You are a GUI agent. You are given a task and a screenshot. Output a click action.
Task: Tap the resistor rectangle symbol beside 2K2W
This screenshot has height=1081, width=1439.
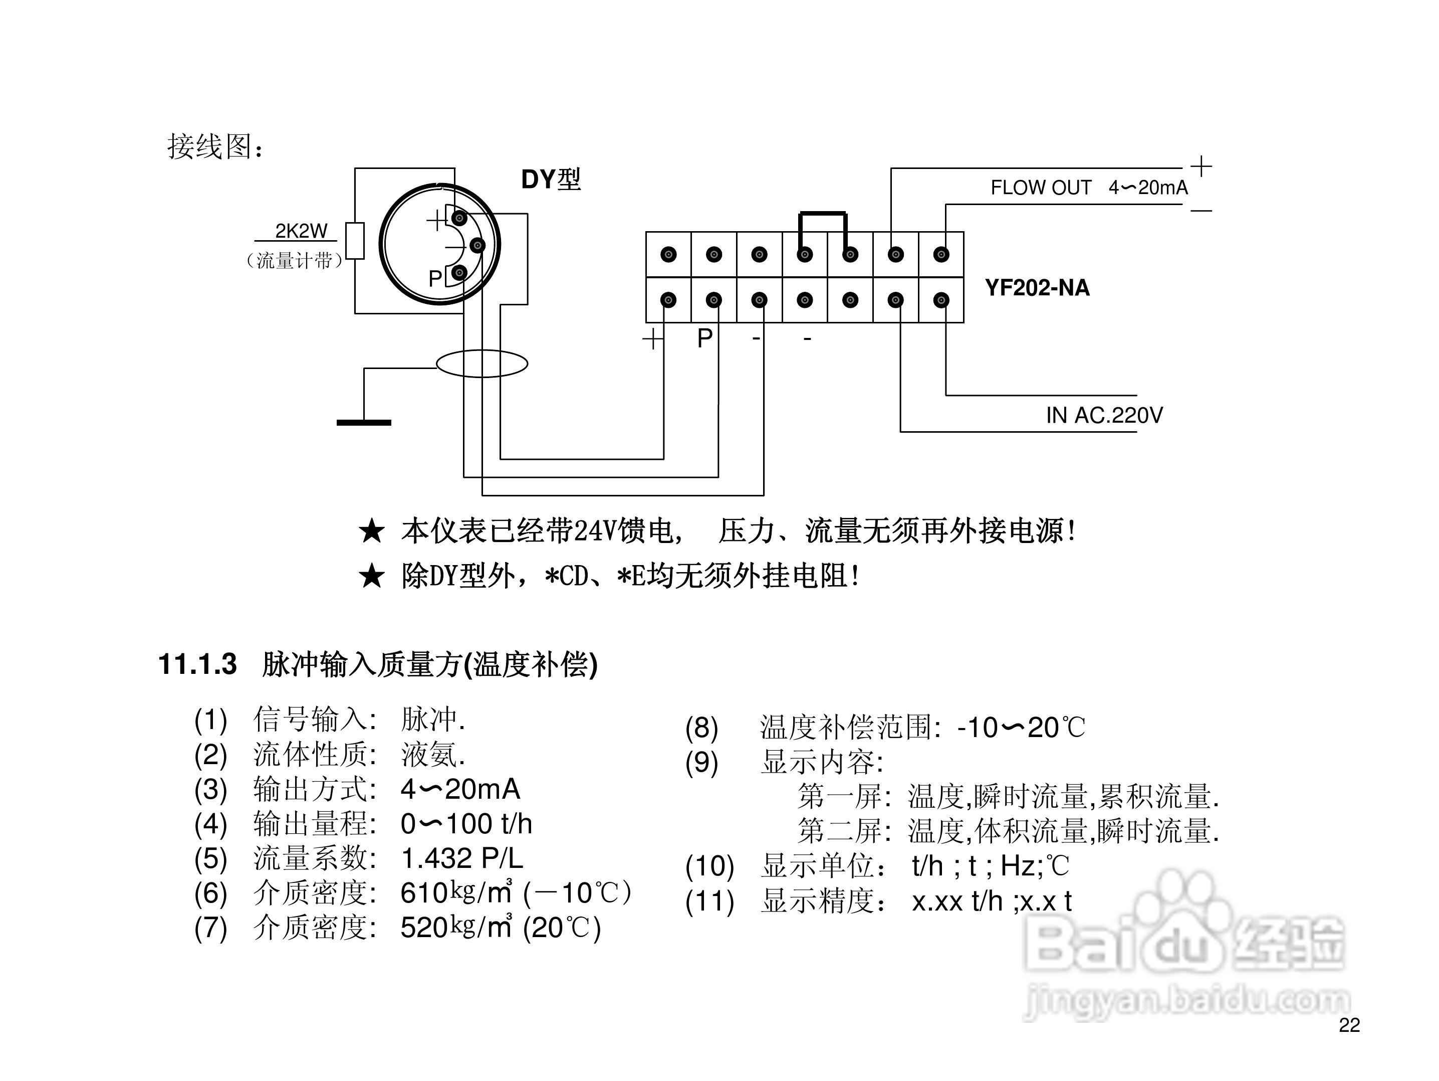[x=355, y=240]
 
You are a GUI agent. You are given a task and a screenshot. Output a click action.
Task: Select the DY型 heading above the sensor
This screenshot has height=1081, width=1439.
[x=550, y=179]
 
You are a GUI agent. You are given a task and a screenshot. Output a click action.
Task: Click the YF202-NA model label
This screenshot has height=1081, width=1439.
[x=1037, y=288]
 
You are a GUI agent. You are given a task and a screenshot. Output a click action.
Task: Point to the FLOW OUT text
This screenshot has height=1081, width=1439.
[x=1040, y=188]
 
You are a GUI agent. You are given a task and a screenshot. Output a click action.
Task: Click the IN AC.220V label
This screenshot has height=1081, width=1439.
[x=1104, y=415]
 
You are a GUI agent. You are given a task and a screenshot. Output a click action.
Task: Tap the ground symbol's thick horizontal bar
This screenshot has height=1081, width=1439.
[x=364, y=422]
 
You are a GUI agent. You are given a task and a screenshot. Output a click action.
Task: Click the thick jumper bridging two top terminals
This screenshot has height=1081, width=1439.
[x=823, y=214]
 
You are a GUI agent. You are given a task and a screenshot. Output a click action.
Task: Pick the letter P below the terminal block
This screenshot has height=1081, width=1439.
[x=704, y=338]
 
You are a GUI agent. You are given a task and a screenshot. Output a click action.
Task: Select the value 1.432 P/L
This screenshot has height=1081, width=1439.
[x=462, y=858]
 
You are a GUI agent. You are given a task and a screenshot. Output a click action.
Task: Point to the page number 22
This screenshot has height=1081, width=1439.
[x=1349, y=1025]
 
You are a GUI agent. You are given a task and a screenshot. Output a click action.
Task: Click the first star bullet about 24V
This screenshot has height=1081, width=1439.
[x=371, y=531]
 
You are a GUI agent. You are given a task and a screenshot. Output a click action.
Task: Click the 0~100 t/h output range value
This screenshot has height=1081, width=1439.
[x=466, y=824]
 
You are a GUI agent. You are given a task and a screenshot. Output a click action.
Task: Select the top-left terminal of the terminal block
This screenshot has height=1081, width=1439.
[x=668, y=255]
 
